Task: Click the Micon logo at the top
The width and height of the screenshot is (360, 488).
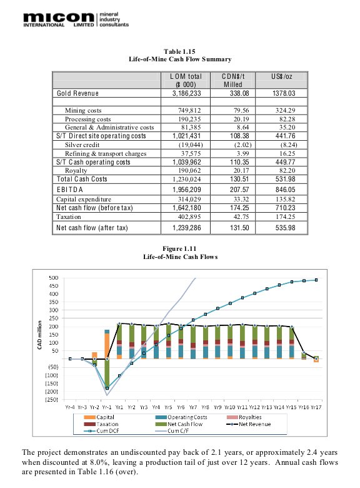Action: coord(76,19)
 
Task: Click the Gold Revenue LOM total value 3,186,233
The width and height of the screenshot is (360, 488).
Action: coord(186,93)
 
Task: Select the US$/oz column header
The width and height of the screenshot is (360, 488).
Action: coord(281,76)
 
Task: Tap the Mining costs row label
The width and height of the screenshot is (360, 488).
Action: coord(83,110)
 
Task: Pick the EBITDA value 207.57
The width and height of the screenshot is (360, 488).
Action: coord(239,189)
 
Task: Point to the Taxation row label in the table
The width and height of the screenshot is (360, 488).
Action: coord(68,216)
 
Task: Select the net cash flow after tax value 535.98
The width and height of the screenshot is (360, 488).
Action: coord(285,228)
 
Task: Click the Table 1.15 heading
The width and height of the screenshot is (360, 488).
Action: coord(180,52)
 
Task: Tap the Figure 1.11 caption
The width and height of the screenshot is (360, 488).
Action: coord(180,248)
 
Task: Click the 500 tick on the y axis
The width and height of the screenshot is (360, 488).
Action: coord(54,278)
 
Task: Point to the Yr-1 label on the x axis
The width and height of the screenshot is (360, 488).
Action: coord(107,407)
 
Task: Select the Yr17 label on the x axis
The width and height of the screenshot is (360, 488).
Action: coord(316,407)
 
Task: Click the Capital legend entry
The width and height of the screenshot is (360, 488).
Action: coord(99,417)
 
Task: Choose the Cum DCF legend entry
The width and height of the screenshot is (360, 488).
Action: coord(101,430)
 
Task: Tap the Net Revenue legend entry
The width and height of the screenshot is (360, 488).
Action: coord(249,424)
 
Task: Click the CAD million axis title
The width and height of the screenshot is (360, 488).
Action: coord(39,335)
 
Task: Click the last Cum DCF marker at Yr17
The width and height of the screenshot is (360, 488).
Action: coord(316,280)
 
